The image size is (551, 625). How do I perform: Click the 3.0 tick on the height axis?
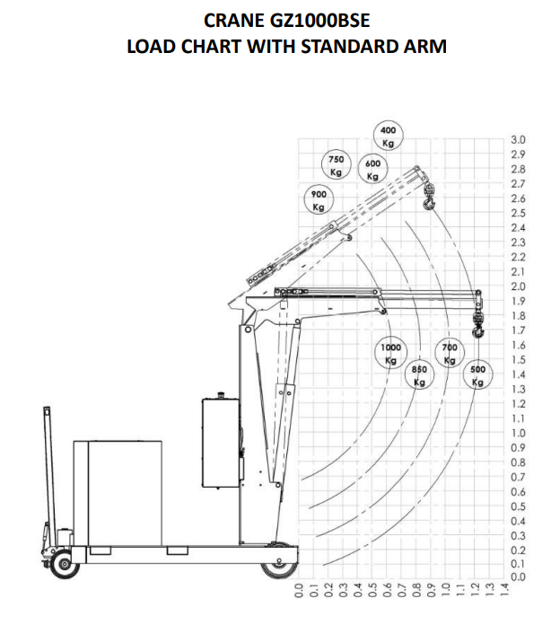(x=518, y=140)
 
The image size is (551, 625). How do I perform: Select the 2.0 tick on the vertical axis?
(x=518, y=286)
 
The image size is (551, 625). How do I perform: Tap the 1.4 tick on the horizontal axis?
(x=505, y=590)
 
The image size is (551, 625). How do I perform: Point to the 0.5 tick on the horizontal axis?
(x=372, y=590)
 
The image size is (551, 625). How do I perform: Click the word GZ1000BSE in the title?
(x=320, y=21)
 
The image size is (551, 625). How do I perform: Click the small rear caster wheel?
(x=64, y=564)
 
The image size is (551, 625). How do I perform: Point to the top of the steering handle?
(x=47, y=409)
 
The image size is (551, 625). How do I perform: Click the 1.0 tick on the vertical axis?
(x=518, y=433)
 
